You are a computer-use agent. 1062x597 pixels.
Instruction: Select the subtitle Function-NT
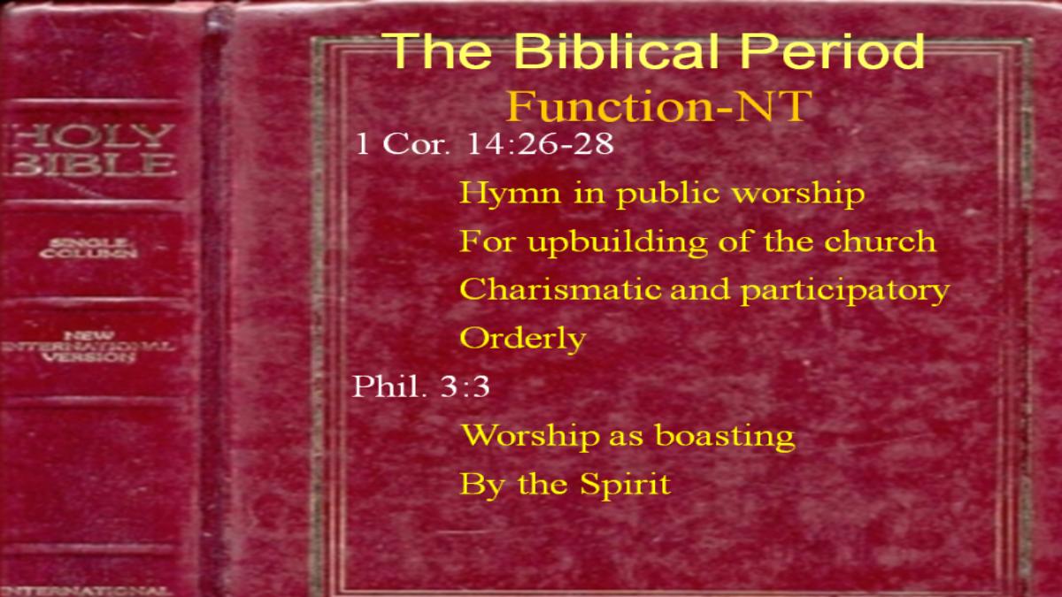pos(659,106)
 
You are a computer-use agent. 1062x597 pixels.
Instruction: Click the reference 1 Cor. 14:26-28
pos(484,143)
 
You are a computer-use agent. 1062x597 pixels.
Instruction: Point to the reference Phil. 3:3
pos(420,387)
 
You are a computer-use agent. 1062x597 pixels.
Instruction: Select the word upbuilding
pos(618,242)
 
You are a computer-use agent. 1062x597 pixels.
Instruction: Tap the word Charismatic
pos(560,289)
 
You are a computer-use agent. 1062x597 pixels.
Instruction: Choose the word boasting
pos(725,436)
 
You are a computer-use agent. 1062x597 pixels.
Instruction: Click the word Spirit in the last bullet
pos(626,486)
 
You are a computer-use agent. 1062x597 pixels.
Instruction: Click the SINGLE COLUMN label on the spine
pos(88,249)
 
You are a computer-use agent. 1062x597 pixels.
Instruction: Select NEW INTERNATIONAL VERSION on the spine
pos(88,347)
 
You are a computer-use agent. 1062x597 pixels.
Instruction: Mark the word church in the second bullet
pos(880,241)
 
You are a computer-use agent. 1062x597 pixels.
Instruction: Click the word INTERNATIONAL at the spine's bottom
pos(85,591)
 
